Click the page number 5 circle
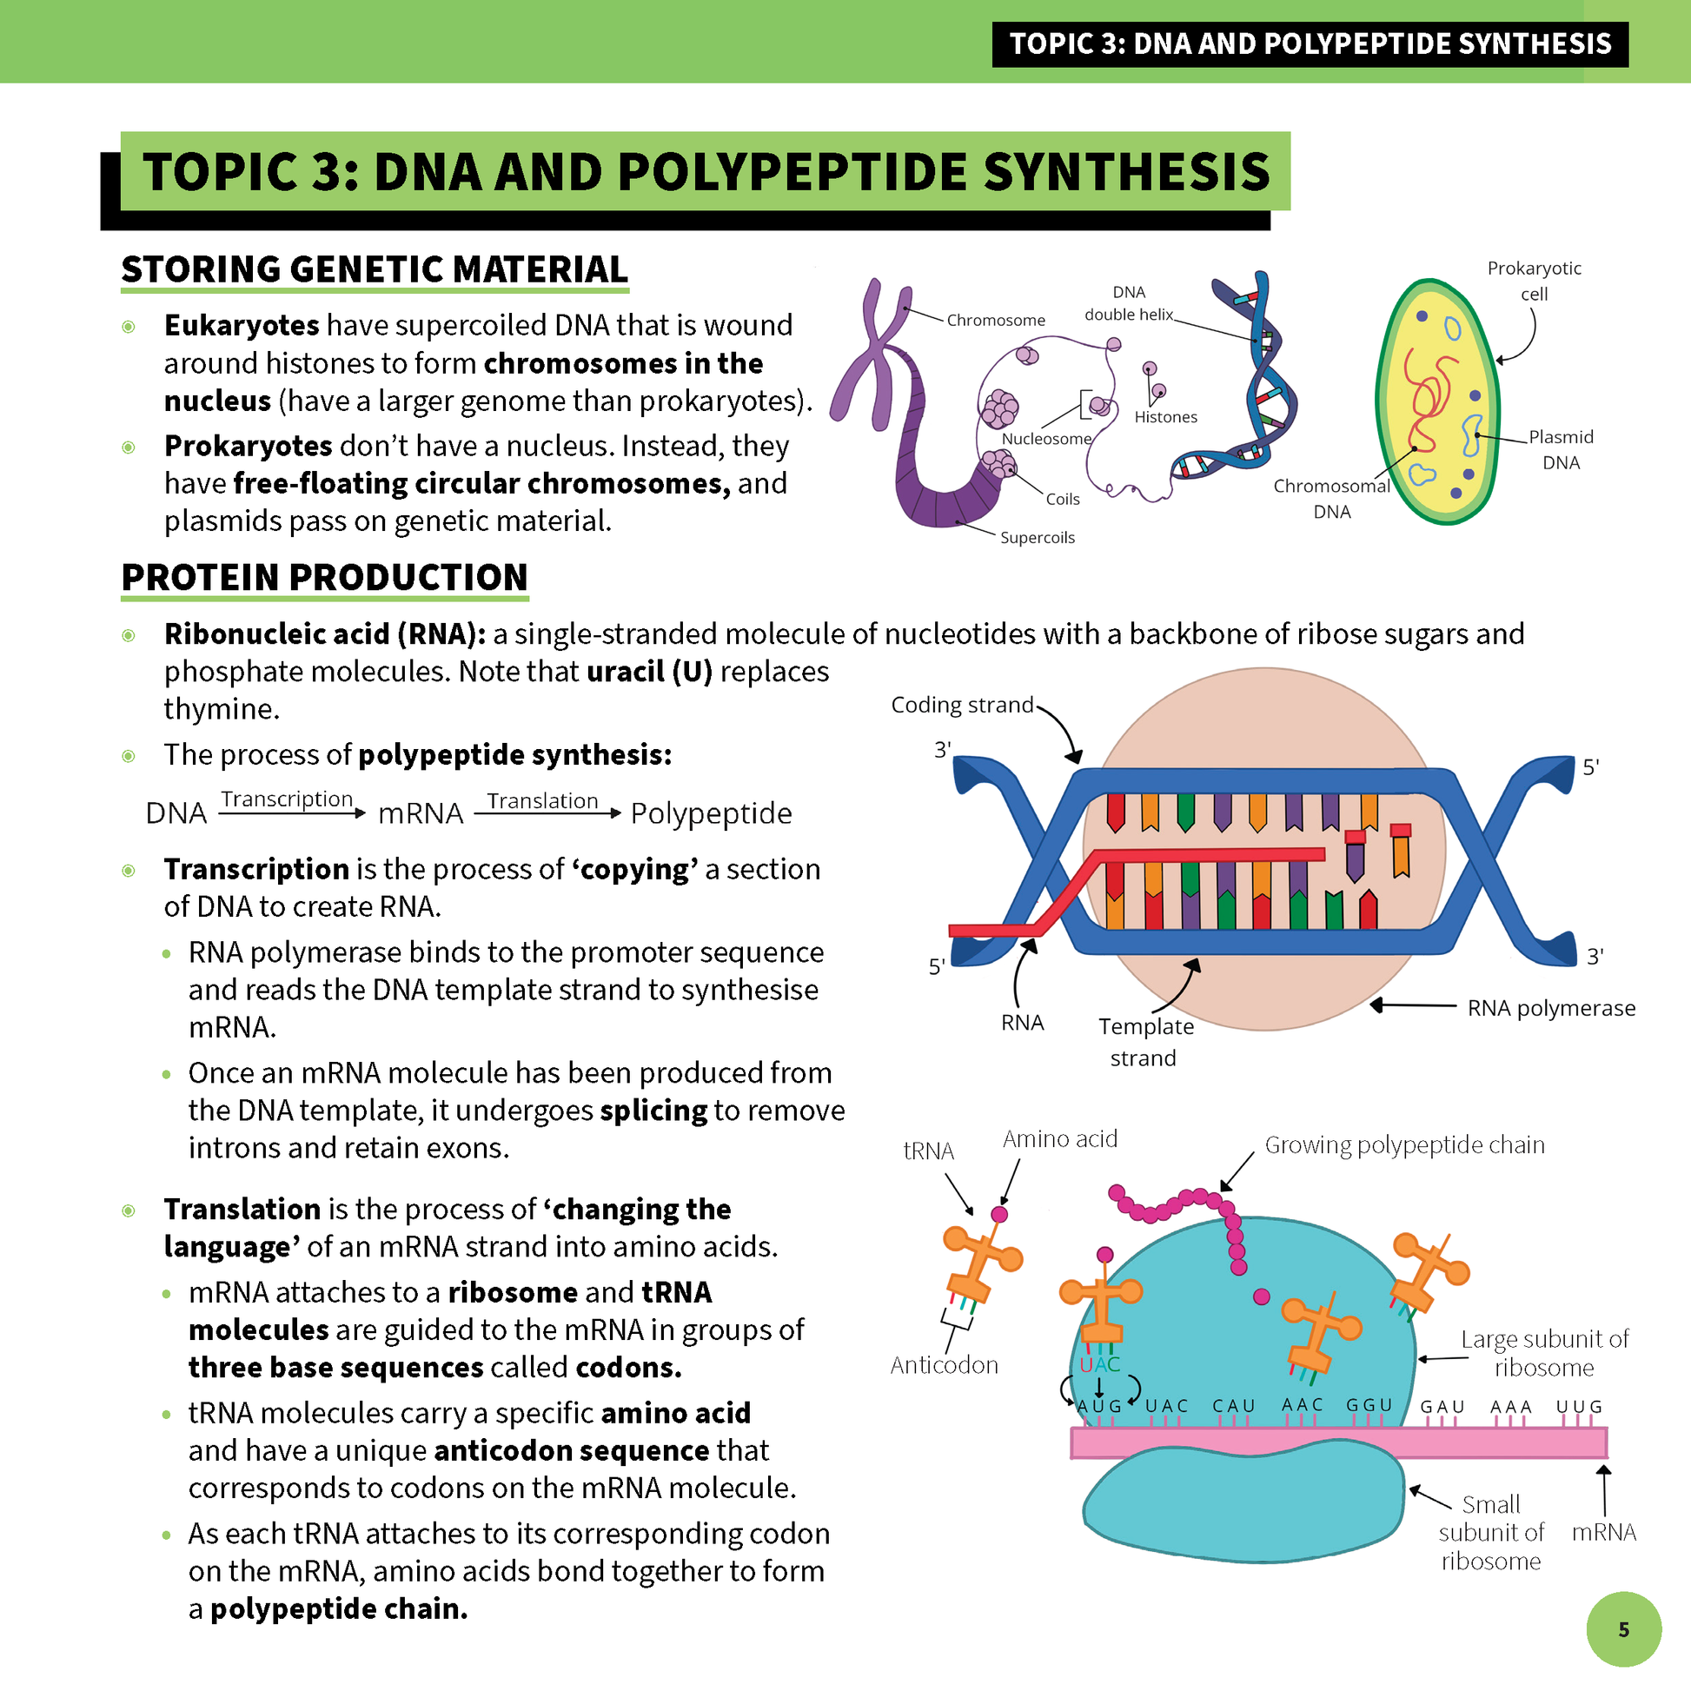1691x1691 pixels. [x=1623, y=1628]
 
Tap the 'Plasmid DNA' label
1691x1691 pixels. [x=1561, y=449]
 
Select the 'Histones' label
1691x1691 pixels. [x=1165, y=417]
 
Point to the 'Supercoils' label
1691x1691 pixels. [x=1038, y=537]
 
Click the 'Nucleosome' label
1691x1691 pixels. [x=1046, y=439]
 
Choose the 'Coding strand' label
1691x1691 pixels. [x=962, y=705]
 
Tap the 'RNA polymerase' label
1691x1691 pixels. [x=1551, y=1008]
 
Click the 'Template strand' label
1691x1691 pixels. [x=1144, y=1042]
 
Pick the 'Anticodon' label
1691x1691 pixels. [x=944, y=1365]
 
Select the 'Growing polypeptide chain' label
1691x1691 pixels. [x=1404, y=1144]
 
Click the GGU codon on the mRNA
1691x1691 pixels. [x=1369, y=1405]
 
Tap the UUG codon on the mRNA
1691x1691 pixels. [x=1579, y=1407]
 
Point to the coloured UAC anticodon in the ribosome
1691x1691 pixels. [x=1099, y=1364]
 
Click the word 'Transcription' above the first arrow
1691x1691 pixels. [x=286, y=799]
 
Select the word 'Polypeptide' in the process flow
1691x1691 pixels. [x=711, y=813]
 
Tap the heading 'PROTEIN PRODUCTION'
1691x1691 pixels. [x=325, y=578]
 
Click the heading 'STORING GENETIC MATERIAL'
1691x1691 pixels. [x=375, y=269]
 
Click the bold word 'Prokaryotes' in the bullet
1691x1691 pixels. [x=248, y=446]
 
